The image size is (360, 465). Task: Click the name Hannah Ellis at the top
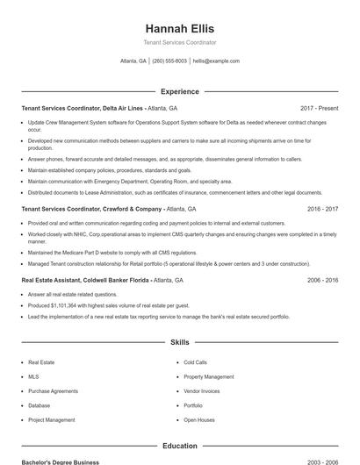point(180,28)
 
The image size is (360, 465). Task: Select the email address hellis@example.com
point(216,61)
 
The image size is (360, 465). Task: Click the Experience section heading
point(180,91)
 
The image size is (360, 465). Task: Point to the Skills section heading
point(180,342)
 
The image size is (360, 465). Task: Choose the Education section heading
point(180,446)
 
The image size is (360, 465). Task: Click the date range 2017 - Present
point(319,109)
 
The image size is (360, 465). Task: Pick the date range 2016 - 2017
point(322,210)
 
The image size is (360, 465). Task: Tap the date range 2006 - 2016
point(322,280)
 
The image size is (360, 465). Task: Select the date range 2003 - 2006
point(322,461)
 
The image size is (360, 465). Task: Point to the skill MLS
point(33,376)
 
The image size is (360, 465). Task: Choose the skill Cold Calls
point(195,362)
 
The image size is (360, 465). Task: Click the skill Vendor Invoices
point(201,391)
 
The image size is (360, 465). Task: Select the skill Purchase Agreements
point(53,391)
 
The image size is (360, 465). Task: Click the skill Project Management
point(51,420)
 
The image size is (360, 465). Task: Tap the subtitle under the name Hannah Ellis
point(180,42)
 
